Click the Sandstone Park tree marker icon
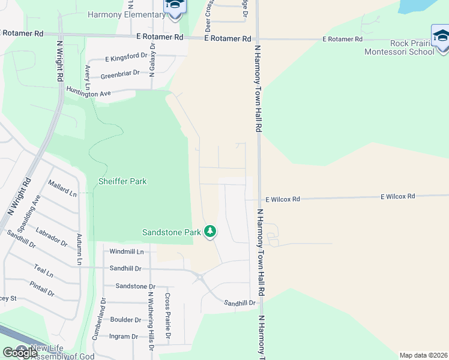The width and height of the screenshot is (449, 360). point(209,231)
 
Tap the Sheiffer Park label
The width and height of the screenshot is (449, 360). point(122,181)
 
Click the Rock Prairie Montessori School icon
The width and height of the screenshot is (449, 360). point(441,35)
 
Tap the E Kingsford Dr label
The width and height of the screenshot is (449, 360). point(126,57)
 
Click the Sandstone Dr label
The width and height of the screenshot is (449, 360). point(135,286)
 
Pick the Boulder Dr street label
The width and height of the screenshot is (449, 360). point(125,320)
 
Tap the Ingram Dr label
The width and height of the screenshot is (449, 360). point(124,337)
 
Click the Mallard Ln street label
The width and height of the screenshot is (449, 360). point(62,193)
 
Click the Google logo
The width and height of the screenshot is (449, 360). point(20,352)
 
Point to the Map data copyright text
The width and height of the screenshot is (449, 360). point(424,355)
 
